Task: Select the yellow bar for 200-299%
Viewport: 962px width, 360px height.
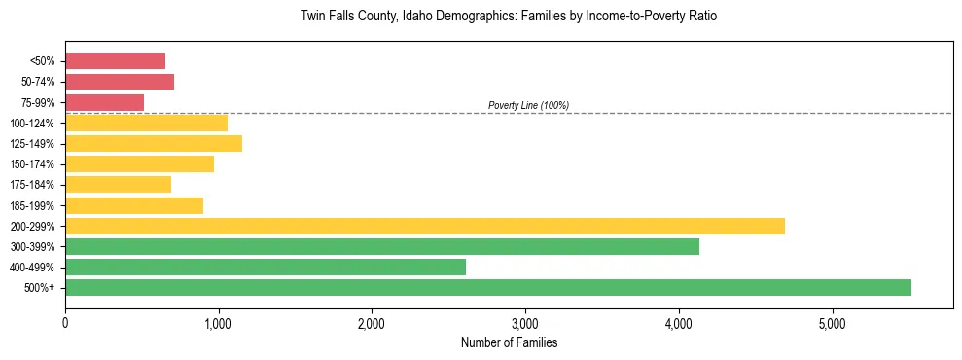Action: [x=425, y=226]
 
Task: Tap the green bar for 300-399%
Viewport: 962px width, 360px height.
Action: [x=382, y=246]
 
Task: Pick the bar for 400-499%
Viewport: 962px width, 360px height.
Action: [x=266, y=267]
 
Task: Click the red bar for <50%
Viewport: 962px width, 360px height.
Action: [x=115, y=60]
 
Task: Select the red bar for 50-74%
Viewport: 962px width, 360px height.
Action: [x=120, y=81]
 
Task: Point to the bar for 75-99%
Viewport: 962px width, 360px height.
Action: [x=104, y=102]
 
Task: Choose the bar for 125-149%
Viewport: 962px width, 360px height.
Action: [x=154, y=143]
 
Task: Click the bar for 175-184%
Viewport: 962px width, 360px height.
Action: [x=118, y=184]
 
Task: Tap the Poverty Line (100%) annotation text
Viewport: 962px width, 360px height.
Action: [x=528, y=105]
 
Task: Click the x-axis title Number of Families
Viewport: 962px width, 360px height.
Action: [x=509, y=342]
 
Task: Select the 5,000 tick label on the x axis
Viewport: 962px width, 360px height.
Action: [x=833, y=324]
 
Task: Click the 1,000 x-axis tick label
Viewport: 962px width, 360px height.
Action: [x=219, y=324]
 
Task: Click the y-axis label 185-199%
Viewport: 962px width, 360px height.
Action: [x=32, y=205]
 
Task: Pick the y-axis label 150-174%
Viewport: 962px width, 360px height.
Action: [x=32, y=163]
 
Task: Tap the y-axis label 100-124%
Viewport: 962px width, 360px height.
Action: [x=32, y=123]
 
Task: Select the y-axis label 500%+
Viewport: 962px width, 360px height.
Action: [x=39, y=288]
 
